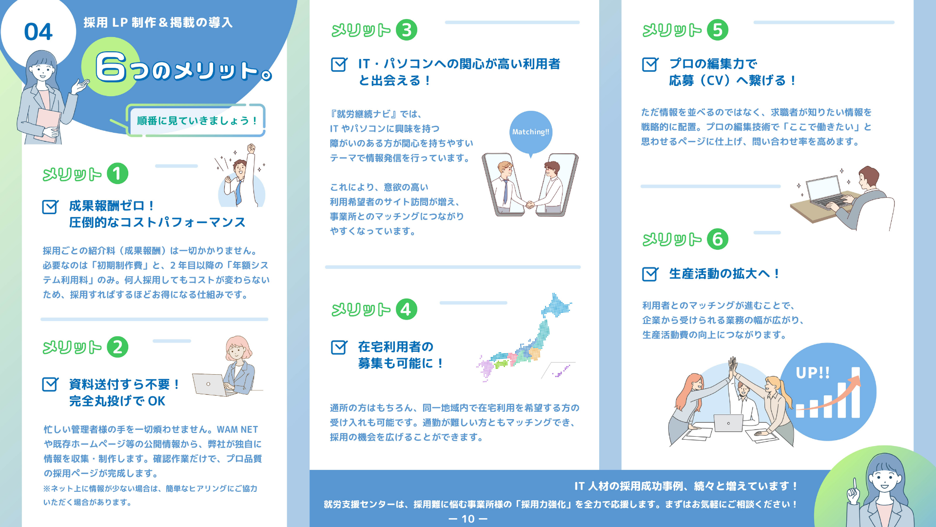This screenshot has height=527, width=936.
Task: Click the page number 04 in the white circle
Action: [38, 32]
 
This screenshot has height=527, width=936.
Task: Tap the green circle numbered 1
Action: [117, 174]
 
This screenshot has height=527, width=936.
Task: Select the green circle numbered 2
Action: [117, 347]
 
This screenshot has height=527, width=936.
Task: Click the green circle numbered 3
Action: [407, 30]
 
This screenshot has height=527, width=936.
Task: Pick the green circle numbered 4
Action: [407, 309]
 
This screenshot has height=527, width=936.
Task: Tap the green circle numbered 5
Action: [718, 30]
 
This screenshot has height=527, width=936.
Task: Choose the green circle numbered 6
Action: [718, 239]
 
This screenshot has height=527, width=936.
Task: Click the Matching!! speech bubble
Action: [531, 133]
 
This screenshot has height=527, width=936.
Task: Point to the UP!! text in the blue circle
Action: [813, 373]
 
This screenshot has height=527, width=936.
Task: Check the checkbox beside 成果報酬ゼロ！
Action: [50, 207]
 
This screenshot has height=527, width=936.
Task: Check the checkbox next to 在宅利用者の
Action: [339, 347]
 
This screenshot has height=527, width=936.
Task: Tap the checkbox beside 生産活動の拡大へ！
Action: [650, 274]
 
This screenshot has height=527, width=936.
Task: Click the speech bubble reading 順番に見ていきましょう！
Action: [196, 121]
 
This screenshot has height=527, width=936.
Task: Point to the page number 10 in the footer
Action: [468, 519]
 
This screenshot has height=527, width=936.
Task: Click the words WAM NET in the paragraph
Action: [237, 430]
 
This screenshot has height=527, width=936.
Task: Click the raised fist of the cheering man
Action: [252, 148]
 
